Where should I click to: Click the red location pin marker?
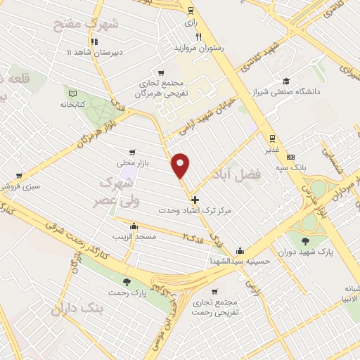pos(181,165)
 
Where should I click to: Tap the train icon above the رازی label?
pos(191,11)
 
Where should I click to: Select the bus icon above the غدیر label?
pos(271,138)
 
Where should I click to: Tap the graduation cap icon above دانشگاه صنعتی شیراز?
pos(286,81)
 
